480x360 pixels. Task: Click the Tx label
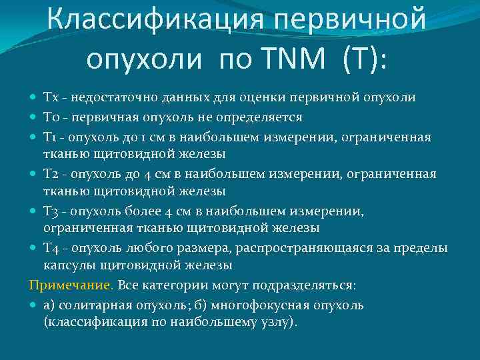pyautogui.click(x=51, y=98)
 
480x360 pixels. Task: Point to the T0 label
pyautogui.click(x=51, y=117)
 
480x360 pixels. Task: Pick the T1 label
pyautogui.click(x=51, y=137)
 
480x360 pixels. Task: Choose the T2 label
pyautogui.click(x=51, y=174)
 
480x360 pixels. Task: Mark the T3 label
pyautogui.click(x=51, y=211)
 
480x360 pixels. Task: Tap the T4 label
pyautogui.click(x=51, y=249)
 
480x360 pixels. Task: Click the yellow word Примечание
pyautogui.click(x=71, y=285)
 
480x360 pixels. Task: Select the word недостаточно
pyautogui.click(x=107, y=98)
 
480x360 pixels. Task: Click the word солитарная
pyautogui.click(x=91, y=305)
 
